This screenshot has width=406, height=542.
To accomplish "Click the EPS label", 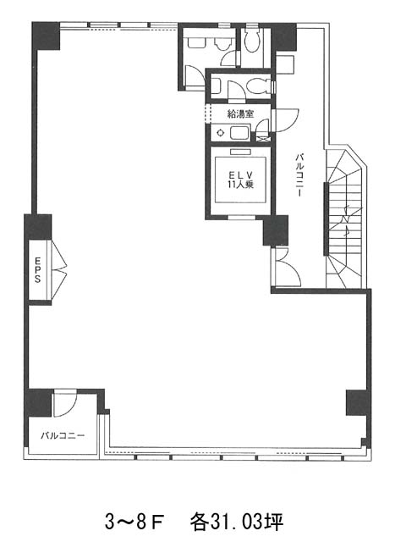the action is point(37,269).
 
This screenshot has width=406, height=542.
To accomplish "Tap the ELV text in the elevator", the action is point(240,175).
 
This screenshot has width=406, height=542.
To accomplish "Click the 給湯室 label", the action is point(240,114).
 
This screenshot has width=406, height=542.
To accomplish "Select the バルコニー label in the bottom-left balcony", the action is point(63,435).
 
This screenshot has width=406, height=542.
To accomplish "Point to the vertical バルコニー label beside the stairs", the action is point(299,175).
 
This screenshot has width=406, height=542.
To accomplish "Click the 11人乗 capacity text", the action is point(240,185).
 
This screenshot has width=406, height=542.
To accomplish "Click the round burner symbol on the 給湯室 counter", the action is point(220,133).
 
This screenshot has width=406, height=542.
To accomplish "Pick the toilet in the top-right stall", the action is point(252,40).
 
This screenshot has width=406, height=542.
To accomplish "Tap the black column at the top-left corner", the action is point(47,36).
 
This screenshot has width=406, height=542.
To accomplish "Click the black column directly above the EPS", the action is point(38,226).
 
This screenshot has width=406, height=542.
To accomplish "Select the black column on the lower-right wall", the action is point(357,403).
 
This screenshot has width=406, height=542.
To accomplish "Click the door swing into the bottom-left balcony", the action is point(64,403).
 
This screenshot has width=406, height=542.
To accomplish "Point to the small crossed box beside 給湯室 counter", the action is point(263,138).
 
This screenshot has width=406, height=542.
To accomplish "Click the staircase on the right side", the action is point(344,218).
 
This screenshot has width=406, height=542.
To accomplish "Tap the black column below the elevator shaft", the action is point(276,230).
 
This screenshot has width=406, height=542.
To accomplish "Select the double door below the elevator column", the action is point(286,267).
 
